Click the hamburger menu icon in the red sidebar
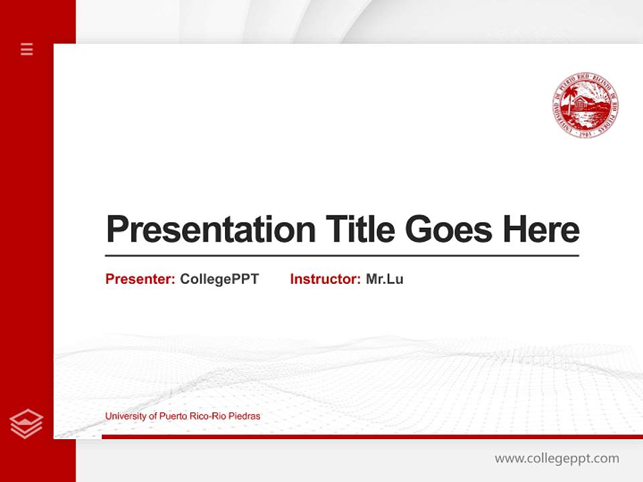pyautogui.click(x=27, y=49)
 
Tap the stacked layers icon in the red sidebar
pyautogui.click(x=27, y=424)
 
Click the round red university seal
pyautogui.click(x=585, y=106)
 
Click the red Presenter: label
pyautogui.click(x=141, y=279)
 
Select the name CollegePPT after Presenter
pyautogui.click(x=219, y=279)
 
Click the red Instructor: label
pyautogui.click(x=326, y=279)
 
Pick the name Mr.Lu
pyautogui.click(x=384, y=279)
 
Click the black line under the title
pyautogui.click(x=342, y=255)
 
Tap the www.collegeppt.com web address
pyautogui.click(x=557, y=459)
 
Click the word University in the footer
pyautogui.click(x=125, y=416)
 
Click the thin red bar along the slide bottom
pyautogui.click(x=372, y=436)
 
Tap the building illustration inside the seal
pyautogui.click(x=588, y=104)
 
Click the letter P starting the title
pyautogui.click(x=116, y=230)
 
